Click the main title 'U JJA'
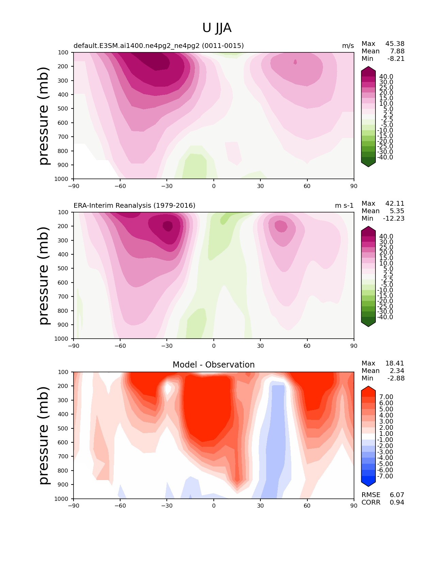point(216,28)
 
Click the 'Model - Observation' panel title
point(213,364)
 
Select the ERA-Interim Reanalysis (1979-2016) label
point(134,205)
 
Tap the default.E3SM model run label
point(159,46)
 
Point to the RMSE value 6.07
point(397,495)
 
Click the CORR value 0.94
point(397,502)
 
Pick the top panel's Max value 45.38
point(395,44)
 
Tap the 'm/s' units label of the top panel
point(348,46)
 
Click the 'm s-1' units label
point(344,205)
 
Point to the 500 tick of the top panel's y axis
point(63,108)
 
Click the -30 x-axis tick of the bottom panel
point(167,506)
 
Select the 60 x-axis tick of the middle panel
point(307,346)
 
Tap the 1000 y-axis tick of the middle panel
point(61,338)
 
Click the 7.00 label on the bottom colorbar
point(386,397)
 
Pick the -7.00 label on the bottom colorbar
point(385,476)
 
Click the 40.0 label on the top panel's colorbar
point(386,77)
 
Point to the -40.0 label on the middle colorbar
point(385,317)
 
